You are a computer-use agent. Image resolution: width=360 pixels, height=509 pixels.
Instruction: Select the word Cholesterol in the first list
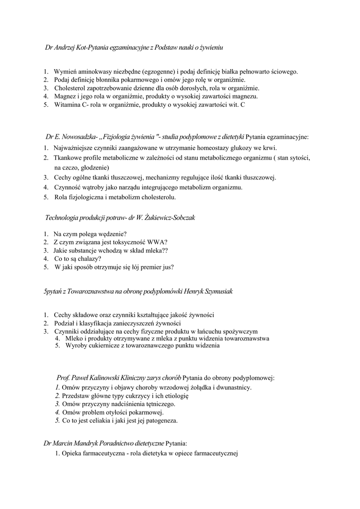[x=71, y=88]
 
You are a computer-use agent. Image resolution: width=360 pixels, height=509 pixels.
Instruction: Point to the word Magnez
[x=65, y=96]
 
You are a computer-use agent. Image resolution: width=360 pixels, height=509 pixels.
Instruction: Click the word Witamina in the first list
[x=67, y=105]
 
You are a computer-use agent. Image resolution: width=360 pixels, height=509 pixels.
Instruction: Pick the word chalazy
[x=86, y=258]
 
